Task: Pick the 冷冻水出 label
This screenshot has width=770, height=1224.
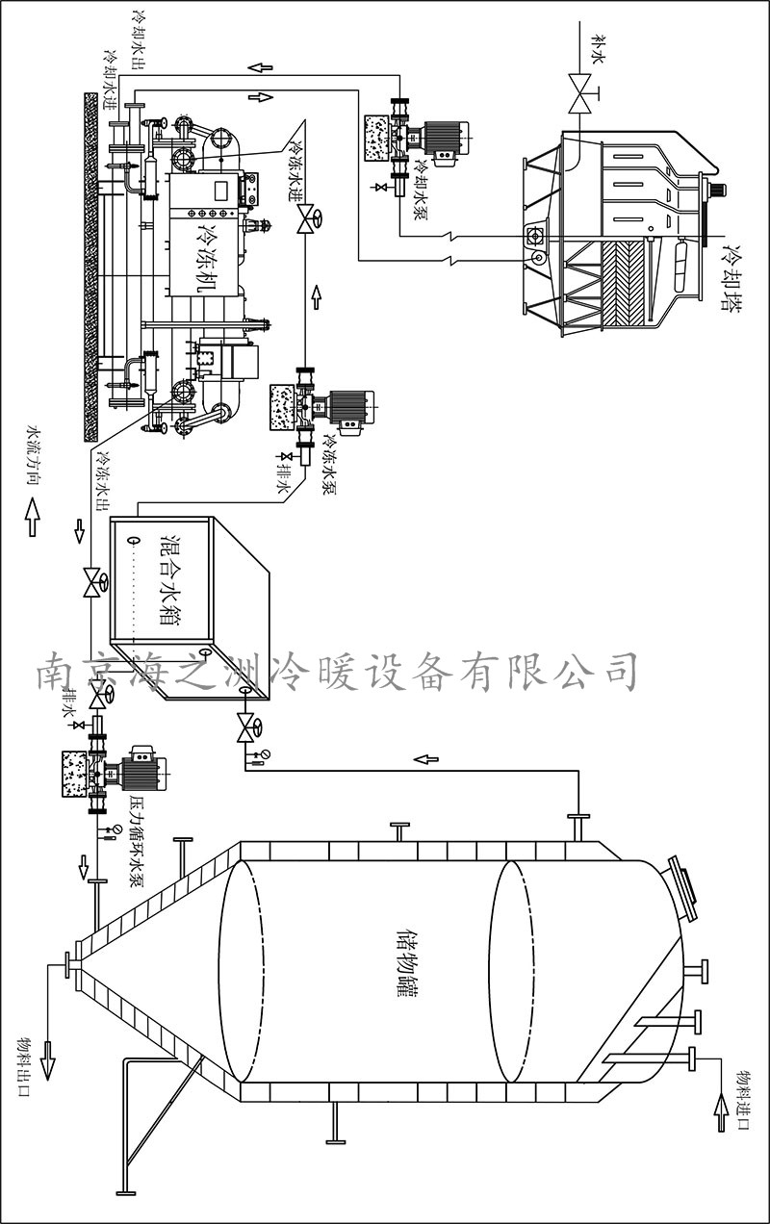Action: (x=103, y=480)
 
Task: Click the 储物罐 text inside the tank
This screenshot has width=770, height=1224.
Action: (x=407, y=962)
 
